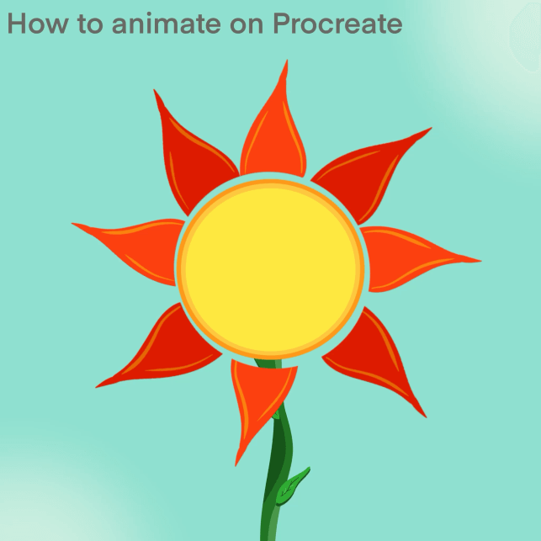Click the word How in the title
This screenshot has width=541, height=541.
pos(38,23)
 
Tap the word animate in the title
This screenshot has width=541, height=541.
pos(167,23)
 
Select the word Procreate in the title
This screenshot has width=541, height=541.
pos(337,23)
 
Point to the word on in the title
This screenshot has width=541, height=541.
pos(247,26)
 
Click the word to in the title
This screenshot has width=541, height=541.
pos(90,24)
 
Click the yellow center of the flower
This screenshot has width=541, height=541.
pos(271,268)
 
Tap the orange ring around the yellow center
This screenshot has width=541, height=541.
pos(271,183)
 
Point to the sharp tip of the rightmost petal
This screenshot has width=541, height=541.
pos(481,261)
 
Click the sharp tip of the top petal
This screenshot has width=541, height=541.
pos(287,61)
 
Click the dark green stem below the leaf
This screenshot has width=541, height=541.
pos(270,521)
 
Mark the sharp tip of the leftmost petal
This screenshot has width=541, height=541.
pos(72,224)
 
